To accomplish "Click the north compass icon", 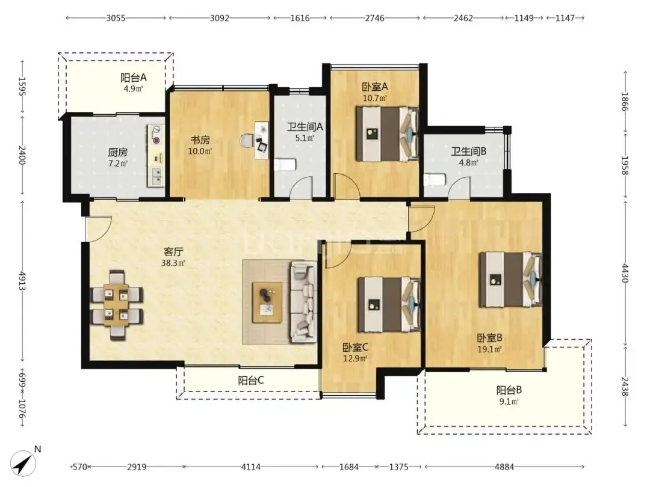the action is coord(24,462).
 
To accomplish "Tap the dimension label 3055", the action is coord(116,18).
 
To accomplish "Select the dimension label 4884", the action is coord(504,467).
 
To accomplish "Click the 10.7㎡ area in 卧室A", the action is coord(375,98).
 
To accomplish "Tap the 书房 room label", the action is coord(200,140).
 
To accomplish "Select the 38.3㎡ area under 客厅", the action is coord(173,263).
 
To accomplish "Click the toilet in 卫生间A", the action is coord(284,164).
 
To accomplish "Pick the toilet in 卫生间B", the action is coord(435,180).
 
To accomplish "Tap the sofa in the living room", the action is coord(303,301).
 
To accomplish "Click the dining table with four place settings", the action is coord(117,305).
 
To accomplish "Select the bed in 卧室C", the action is coord(389,305).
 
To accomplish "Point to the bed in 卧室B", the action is coord(510,280).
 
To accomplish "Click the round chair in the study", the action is coord(247,140).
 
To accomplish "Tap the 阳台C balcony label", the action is coord(251,380).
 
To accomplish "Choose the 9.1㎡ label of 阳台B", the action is coord(509,401).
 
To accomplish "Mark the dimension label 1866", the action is coord(625,102).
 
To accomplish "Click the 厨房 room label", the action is coord(118,152).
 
